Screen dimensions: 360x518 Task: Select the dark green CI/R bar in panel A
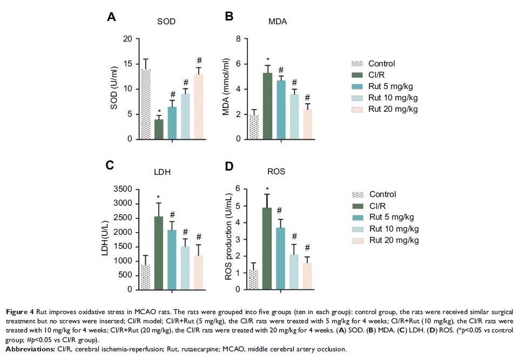click(x=159, y=129)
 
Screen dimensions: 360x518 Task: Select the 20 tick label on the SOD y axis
click(x=127, y=39)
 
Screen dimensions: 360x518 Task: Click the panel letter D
click(x=230, y=166)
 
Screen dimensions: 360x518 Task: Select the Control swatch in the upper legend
click(x=356, y=63)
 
